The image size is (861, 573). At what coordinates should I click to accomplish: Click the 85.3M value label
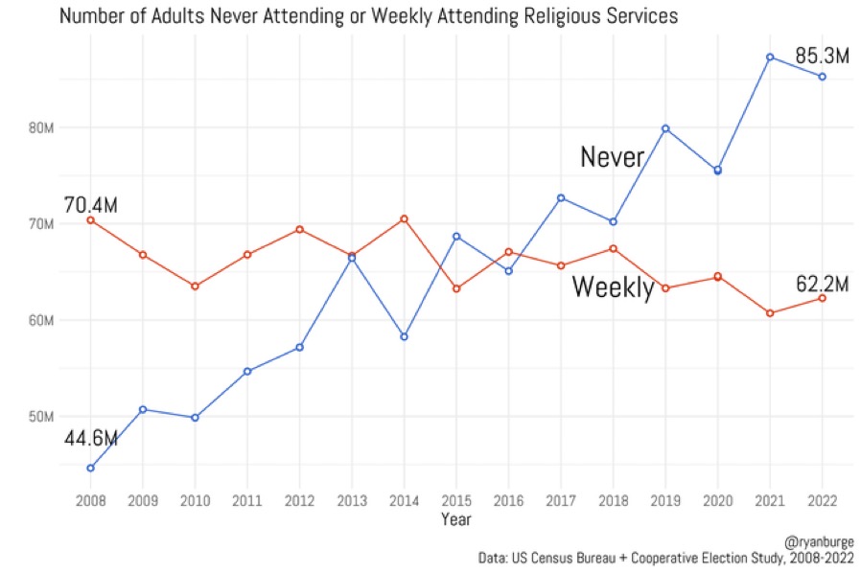click(823, 57)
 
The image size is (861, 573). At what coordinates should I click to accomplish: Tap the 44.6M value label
click(90, 439)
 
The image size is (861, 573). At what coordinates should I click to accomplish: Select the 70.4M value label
click(90, 205)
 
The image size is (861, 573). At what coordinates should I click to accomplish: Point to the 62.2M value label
click(823, 285)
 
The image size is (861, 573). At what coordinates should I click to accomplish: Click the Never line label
click(612, 157)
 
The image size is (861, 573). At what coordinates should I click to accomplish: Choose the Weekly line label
click(613, 287)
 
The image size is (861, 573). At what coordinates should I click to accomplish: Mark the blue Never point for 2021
click(770, 57)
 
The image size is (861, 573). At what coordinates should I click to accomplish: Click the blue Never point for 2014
click(404, 336)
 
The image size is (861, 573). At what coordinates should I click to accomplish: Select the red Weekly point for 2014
click(404, 218)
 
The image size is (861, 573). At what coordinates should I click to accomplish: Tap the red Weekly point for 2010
click(195, 286)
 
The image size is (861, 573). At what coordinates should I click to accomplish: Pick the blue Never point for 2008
click(90, 468)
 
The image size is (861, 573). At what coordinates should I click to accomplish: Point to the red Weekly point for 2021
click(770, 313)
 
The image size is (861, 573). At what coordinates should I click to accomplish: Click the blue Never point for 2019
click(665, 128)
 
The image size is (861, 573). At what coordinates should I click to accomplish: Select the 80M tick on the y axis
click(40, 127)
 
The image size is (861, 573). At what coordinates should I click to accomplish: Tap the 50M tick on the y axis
click(40, 417)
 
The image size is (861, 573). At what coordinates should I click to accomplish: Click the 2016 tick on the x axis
click(508, 500)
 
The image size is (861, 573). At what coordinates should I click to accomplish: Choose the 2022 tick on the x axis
click(822, 500)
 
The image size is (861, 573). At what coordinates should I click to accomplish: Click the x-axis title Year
click(455, 519)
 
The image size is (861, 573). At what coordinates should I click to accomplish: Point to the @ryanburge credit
click(817, 541)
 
